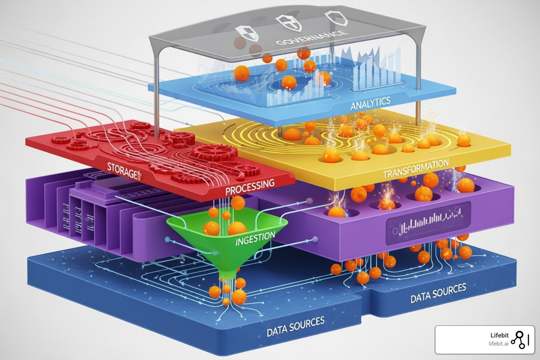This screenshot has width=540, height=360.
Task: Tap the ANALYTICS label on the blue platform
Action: [370, 103]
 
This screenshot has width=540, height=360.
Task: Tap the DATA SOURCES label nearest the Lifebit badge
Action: [438, 293]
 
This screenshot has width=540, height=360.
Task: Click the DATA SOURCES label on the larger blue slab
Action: [295, 327]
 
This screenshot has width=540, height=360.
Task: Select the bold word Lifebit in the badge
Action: [499, 335]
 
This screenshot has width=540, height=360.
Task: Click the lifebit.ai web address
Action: [499, 343]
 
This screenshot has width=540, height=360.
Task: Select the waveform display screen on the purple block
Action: [428, 223]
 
